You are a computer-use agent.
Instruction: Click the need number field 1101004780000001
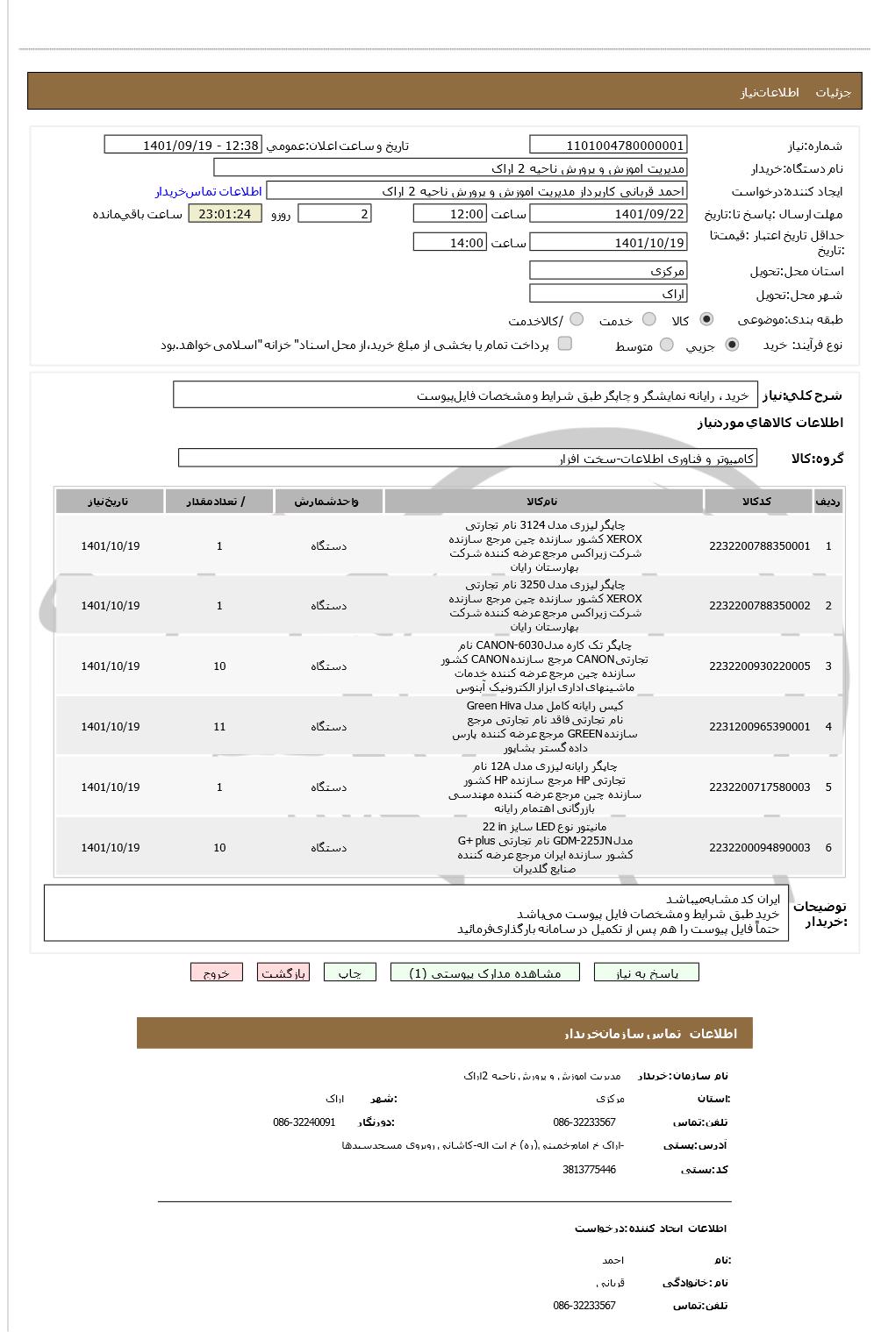pos(608,146)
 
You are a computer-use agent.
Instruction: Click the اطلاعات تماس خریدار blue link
pos(209,191)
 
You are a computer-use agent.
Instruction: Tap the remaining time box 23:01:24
pos(225,214)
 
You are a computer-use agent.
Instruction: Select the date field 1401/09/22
pos(608,214)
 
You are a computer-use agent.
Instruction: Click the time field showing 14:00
pos(449,243)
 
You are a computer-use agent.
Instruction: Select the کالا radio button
pos(706,319)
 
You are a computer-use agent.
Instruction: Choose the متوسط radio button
pos(667,345)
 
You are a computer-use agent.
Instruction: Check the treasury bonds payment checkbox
pos(565,344)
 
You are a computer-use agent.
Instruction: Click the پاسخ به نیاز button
pos(647,972)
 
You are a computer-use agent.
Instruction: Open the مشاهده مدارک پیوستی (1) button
pos(485,972)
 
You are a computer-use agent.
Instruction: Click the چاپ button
pos(349,972)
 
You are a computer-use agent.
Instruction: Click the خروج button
pos(216,972)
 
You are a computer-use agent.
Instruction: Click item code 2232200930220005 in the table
pos(759,666)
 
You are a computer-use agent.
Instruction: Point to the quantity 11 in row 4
pos(219,727)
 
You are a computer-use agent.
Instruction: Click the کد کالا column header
pos(756,502)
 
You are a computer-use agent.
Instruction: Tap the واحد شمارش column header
pos(328,502)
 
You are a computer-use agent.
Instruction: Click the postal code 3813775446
pos(589,1170)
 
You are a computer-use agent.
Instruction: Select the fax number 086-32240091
pos(304,1122)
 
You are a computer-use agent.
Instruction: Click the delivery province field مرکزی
pos(608,271)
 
